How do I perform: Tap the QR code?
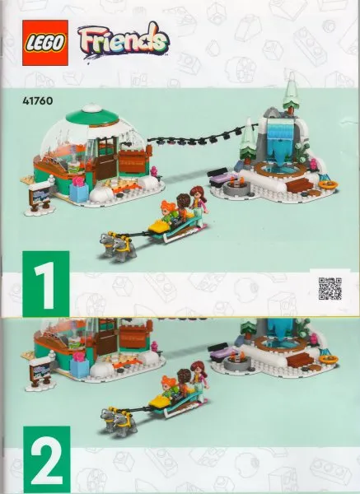(329, 291)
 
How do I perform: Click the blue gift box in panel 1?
(79, 191)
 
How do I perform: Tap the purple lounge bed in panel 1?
(222, 175)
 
